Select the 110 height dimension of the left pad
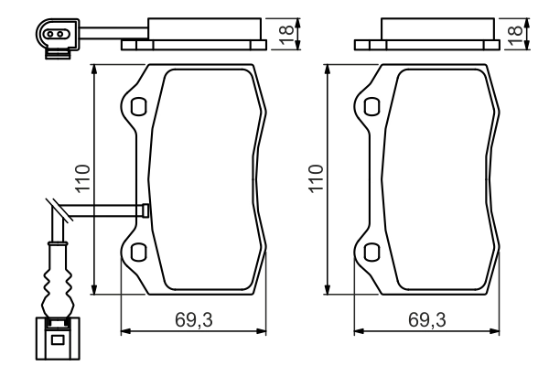coord(82,180)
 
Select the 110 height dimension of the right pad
coord(315,180)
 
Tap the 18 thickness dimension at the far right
coord(517,32)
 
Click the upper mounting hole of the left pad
coord(137,107)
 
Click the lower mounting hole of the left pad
coord(137,253)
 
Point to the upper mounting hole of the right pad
coord(371,107)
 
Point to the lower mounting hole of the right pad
coord(371,253)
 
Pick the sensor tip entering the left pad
coord(145,210)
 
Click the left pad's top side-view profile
coord(194,34)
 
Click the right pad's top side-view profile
coord(426,34)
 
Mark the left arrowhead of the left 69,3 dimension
coord(125,332)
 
